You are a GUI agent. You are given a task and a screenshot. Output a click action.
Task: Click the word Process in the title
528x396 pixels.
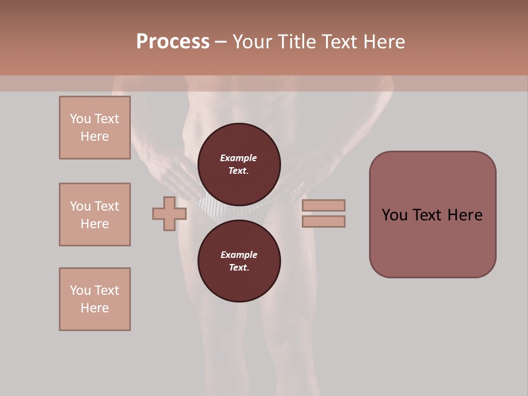point(173,42)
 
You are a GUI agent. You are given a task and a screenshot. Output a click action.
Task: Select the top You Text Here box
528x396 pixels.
point(95,128)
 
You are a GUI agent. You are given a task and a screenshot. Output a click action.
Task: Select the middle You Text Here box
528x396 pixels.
point(95,215)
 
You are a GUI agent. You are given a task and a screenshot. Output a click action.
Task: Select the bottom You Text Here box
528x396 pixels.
point(95,299)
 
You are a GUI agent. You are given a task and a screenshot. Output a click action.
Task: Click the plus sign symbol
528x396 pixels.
point(169,213)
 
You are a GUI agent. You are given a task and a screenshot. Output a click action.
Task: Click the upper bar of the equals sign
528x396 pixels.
point(323,205)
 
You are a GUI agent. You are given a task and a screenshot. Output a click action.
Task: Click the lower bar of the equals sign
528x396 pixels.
point(323,222)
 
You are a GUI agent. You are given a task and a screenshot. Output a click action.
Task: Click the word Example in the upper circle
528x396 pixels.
point(239,158)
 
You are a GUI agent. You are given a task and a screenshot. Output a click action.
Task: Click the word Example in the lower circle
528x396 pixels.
point(239,255)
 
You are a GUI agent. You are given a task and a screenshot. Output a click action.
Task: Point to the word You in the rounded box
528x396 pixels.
point(394,215)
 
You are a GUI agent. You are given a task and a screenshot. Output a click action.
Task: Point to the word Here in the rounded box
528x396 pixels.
point(465,215)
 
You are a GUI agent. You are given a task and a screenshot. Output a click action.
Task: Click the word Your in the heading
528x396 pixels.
point(252,42)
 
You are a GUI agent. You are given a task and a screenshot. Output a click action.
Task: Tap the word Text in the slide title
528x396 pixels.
point(339,42)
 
